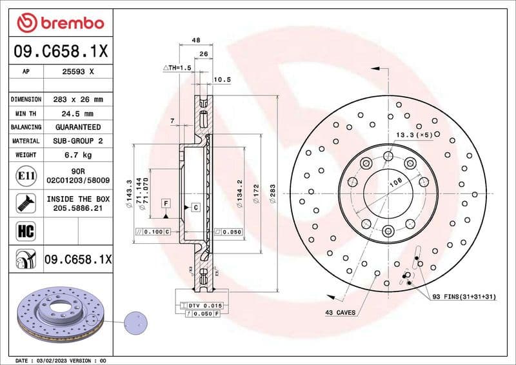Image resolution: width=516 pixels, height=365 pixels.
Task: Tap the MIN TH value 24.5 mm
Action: coord(79,113)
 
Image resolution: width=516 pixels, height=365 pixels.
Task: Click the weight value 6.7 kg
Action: coord(79,155)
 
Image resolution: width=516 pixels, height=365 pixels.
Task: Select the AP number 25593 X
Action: coord(79,72)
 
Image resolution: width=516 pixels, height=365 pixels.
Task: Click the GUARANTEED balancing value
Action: coord(79,127)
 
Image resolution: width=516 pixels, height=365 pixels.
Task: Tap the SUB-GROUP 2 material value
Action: coord(79,141)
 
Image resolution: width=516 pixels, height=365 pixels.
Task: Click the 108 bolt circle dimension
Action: coord(394,182)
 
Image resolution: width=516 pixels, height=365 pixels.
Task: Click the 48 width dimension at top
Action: coord(195,40)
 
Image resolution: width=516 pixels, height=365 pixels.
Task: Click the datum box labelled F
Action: coord(166,203)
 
